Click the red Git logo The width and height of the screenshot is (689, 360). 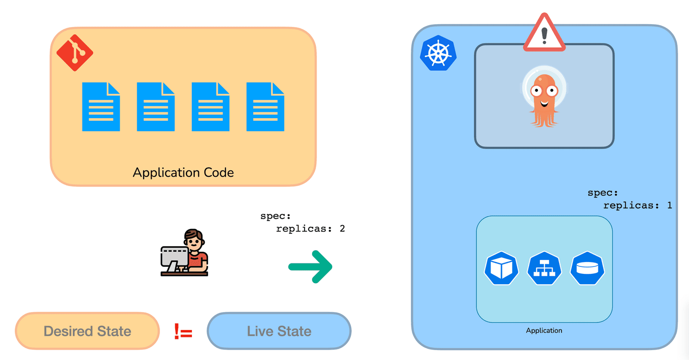(x=75, y=53)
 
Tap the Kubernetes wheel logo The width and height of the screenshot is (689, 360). (x=438, y=53)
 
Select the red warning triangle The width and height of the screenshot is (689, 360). (x=544, y=32)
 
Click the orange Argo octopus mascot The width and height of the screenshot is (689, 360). (x=544, y=97)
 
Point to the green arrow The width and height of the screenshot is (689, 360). (x=310, y=267)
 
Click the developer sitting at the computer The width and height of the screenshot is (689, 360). (x=185, y=252)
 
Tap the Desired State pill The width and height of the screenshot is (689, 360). (x=88, y=331)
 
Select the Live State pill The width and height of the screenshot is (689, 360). (x=279, y=331)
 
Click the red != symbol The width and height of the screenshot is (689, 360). (x=183, y=331)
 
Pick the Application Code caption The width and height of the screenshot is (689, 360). (x=183, y=172)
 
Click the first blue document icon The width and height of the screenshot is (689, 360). (x=101, y=107)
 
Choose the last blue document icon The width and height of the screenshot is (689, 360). (x=265, y=107)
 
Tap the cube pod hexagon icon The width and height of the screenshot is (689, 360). (x=501, y=268)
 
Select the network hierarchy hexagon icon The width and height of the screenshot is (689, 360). (x=544, y=268)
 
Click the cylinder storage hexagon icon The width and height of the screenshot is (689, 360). (x=588, y=268)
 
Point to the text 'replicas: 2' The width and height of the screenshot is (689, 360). (x=311, y=229)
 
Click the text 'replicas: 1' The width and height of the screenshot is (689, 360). (x=638, y=205)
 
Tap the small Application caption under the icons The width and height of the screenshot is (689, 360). (x=544, y=330)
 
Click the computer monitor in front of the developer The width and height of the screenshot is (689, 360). (x=174, y=258)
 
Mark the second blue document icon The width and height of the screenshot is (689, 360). (x=156, y=107)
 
